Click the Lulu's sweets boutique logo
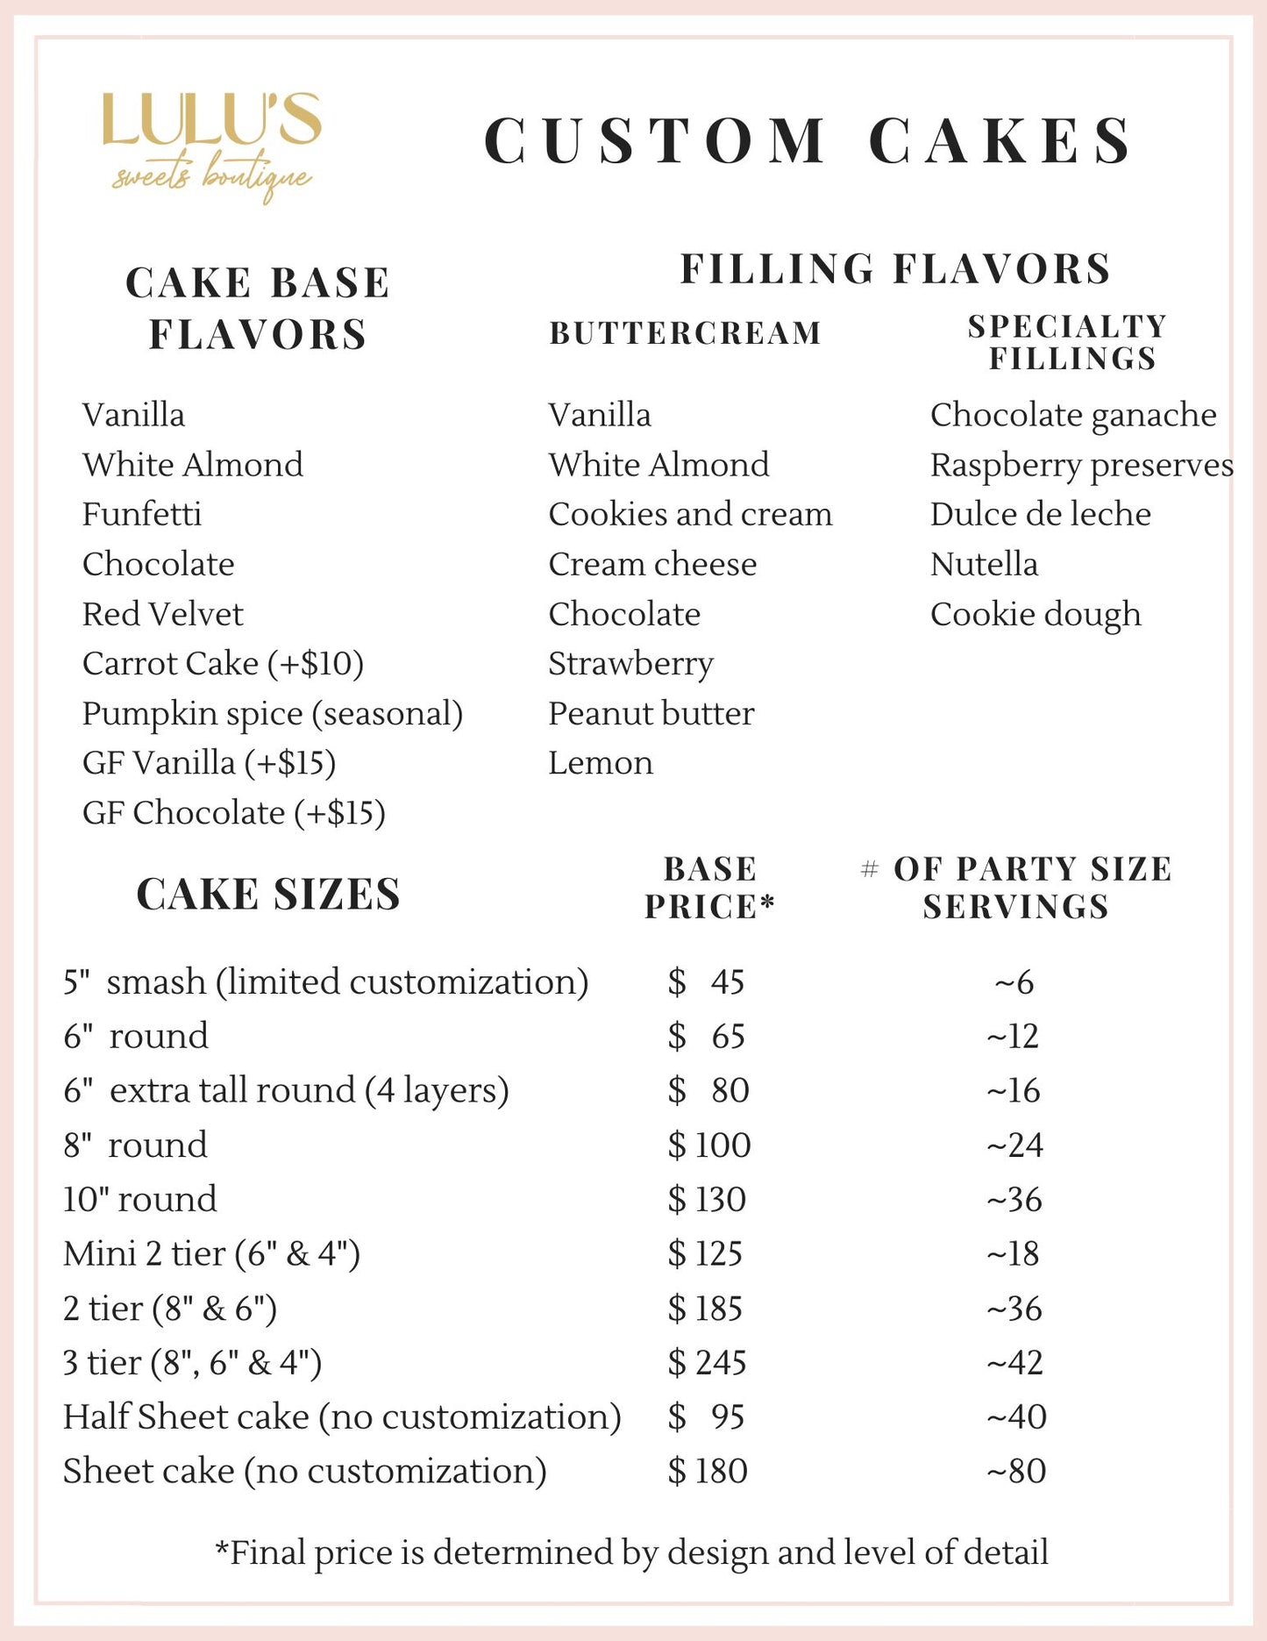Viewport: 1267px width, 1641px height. pos(212,145)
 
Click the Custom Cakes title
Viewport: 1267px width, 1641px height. pos(808,140)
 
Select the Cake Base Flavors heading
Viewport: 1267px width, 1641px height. pos(258,309)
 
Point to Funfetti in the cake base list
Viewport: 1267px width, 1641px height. pos(142,514)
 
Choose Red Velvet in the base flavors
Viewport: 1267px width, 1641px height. pos(163,614)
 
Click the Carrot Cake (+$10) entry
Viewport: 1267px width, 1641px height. pos(223,664)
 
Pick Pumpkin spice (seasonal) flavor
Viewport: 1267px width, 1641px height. pos(272,714)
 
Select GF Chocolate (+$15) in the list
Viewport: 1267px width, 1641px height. pos(233,813)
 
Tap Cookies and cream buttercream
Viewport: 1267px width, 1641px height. pos(690,514)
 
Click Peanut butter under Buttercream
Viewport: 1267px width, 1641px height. pos(651,714)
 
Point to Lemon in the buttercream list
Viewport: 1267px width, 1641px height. pos(601,763)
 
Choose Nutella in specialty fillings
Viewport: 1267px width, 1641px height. pos(984,564)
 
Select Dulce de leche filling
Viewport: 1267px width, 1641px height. pos(1040,514)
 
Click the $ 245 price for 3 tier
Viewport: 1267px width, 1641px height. pos(707,1362)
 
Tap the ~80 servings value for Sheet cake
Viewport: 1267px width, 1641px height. pos(1015,1471)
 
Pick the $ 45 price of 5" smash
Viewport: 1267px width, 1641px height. pos(706,981)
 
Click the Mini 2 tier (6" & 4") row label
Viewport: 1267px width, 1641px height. pos(211,1253)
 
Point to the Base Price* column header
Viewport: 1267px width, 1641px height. pos(709,888)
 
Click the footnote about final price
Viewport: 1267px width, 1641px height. pos(632,1552)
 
